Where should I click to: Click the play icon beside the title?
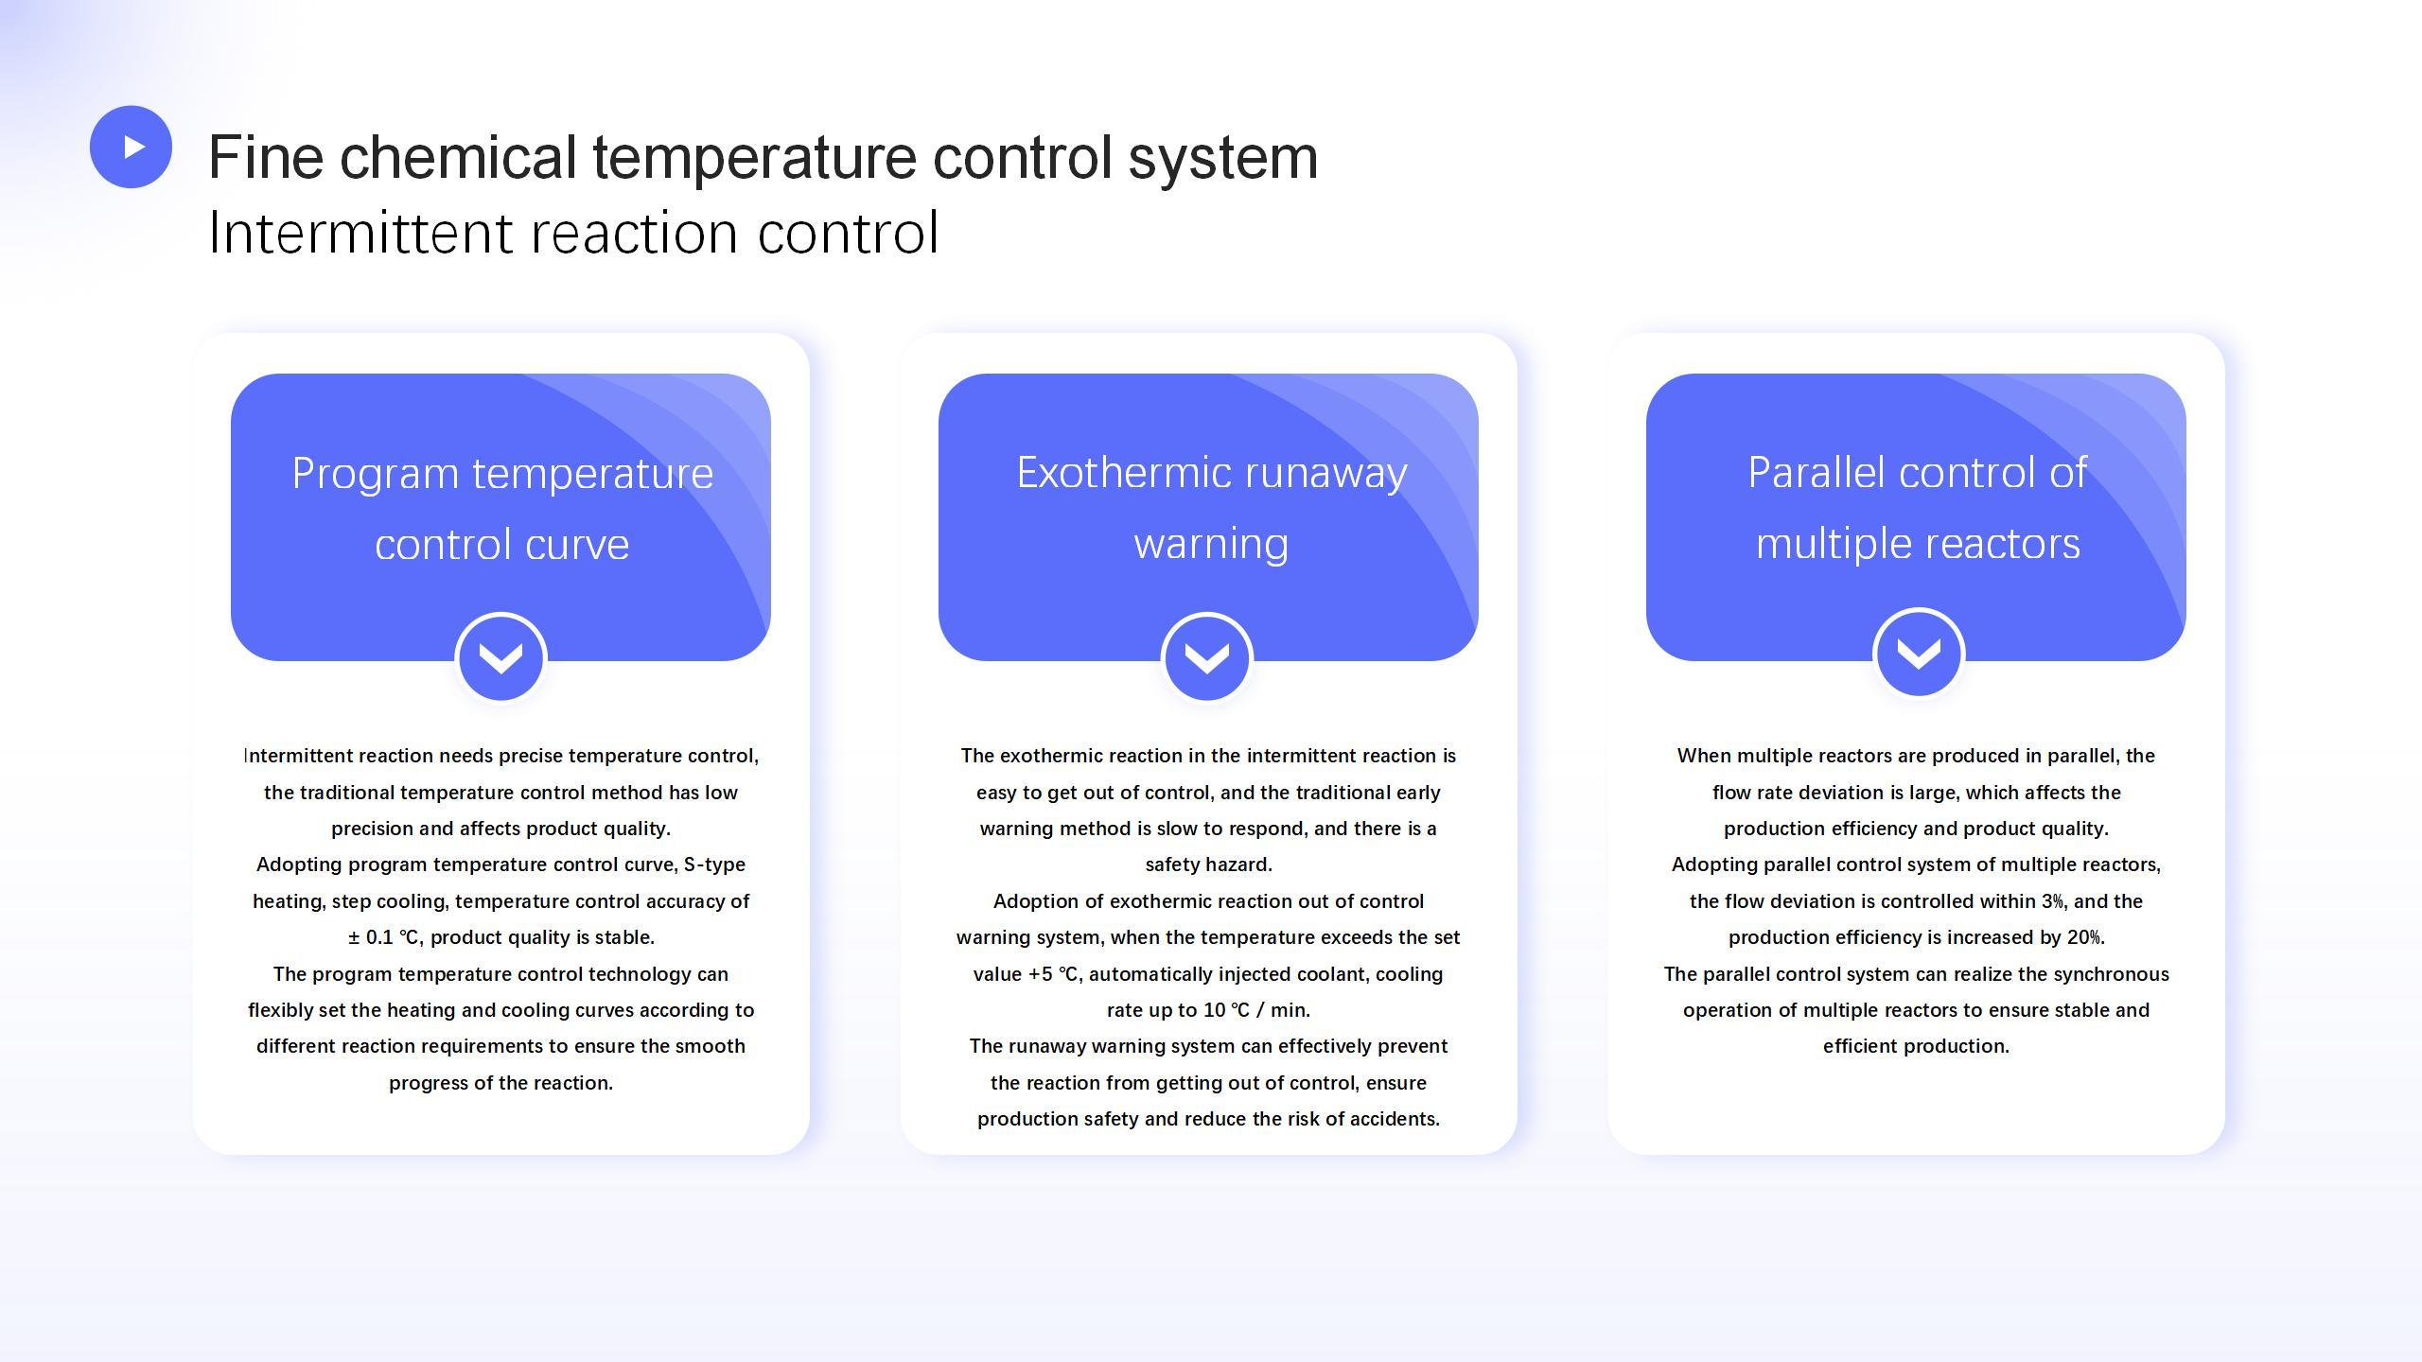131,147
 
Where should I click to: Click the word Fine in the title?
264,157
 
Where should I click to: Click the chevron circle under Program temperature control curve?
500,657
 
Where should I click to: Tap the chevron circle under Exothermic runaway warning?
1207,657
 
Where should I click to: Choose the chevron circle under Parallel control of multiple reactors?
1919,653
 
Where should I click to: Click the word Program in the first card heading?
376,475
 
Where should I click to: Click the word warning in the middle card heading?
1211,544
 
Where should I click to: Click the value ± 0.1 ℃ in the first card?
383,937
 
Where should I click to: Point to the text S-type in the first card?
714,864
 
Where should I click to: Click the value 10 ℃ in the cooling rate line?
1227,1010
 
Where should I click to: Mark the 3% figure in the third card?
2052,901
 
